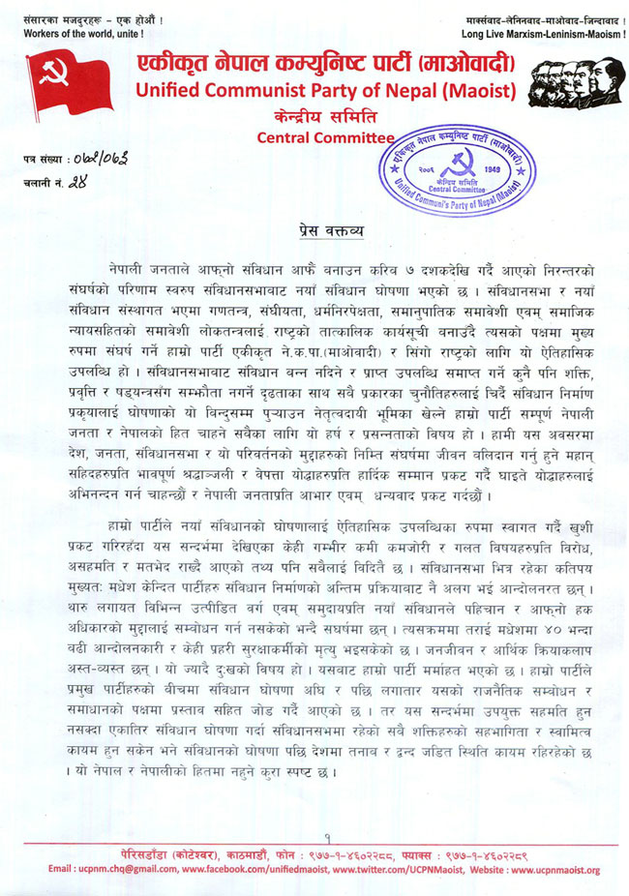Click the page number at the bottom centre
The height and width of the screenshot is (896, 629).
tap(327, 837)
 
